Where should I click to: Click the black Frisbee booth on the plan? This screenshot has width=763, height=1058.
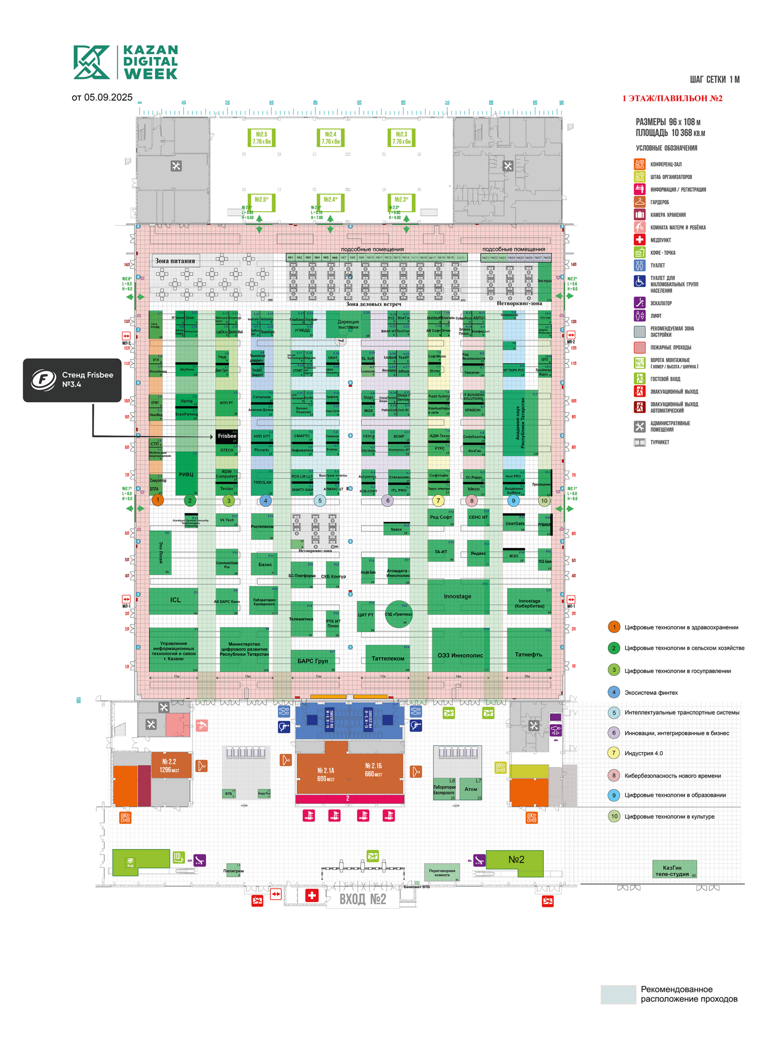click(227, 436)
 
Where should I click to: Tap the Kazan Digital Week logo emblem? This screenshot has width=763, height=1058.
click(91, 62)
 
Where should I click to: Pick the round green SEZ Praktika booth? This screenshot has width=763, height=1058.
click(399, 614)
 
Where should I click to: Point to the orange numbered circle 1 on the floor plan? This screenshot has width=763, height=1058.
click(158, 500)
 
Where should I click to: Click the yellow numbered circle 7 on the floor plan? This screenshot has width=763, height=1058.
click(438, 500)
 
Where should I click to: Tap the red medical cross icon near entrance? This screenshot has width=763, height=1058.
click(312, 895)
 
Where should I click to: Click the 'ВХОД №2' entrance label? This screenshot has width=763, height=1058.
click(362, 899)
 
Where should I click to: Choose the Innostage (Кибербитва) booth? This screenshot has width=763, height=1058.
click(529, 602)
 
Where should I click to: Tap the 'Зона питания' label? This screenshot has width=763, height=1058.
click(175, 261)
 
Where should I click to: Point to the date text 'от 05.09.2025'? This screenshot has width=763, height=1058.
click(102, 98)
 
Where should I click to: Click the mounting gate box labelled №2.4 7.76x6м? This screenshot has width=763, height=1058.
click(330, 138)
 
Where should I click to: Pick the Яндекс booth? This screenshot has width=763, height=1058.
click(478, 553)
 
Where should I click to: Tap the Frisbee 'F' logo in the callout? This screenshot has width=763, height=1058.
click(44, 380)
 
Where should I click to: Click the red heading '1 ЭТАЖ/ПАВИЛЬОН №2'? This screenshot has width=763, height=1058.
click(672, 99)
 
